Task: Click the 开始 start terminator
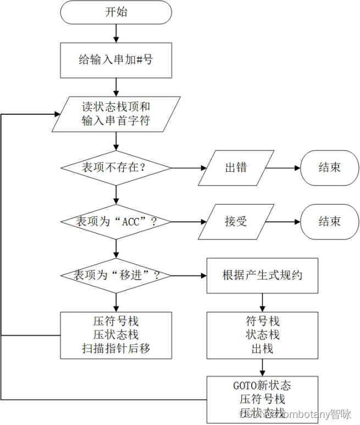(x=116, y=12)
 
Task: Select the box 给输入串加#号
(x=116, y=59)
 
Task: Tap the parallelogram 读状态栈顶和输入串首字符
(x=116, y=114)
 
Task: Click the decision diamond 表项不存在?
(x=116, y=167)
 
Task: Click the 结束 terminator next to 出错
(x=329, y=167)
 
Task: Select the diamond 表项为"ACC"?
(x=116, y=221)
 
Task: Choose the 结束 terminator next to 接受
(x=329, y=221)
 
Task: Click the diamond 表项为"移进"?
(x=116, y=275)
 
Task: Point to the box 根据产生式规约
(x=262, y=275)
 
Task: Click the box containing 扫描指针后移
(x=116, y=335)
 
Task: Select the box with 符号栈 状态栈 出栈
(x=262, y=335)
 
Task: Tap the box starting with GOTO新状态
(x=262, y=399)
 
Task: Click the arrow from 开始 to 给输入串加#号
(x=116, y=33)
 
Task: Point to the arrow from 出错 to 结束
(x=285, y=167)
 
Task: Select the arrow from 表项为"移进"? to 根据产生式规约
(x=188, y=275)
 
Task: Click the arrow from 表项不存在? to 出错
(x=187, y=167)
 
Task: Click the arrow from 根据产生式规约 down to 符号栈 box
(x=262, y=302)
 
